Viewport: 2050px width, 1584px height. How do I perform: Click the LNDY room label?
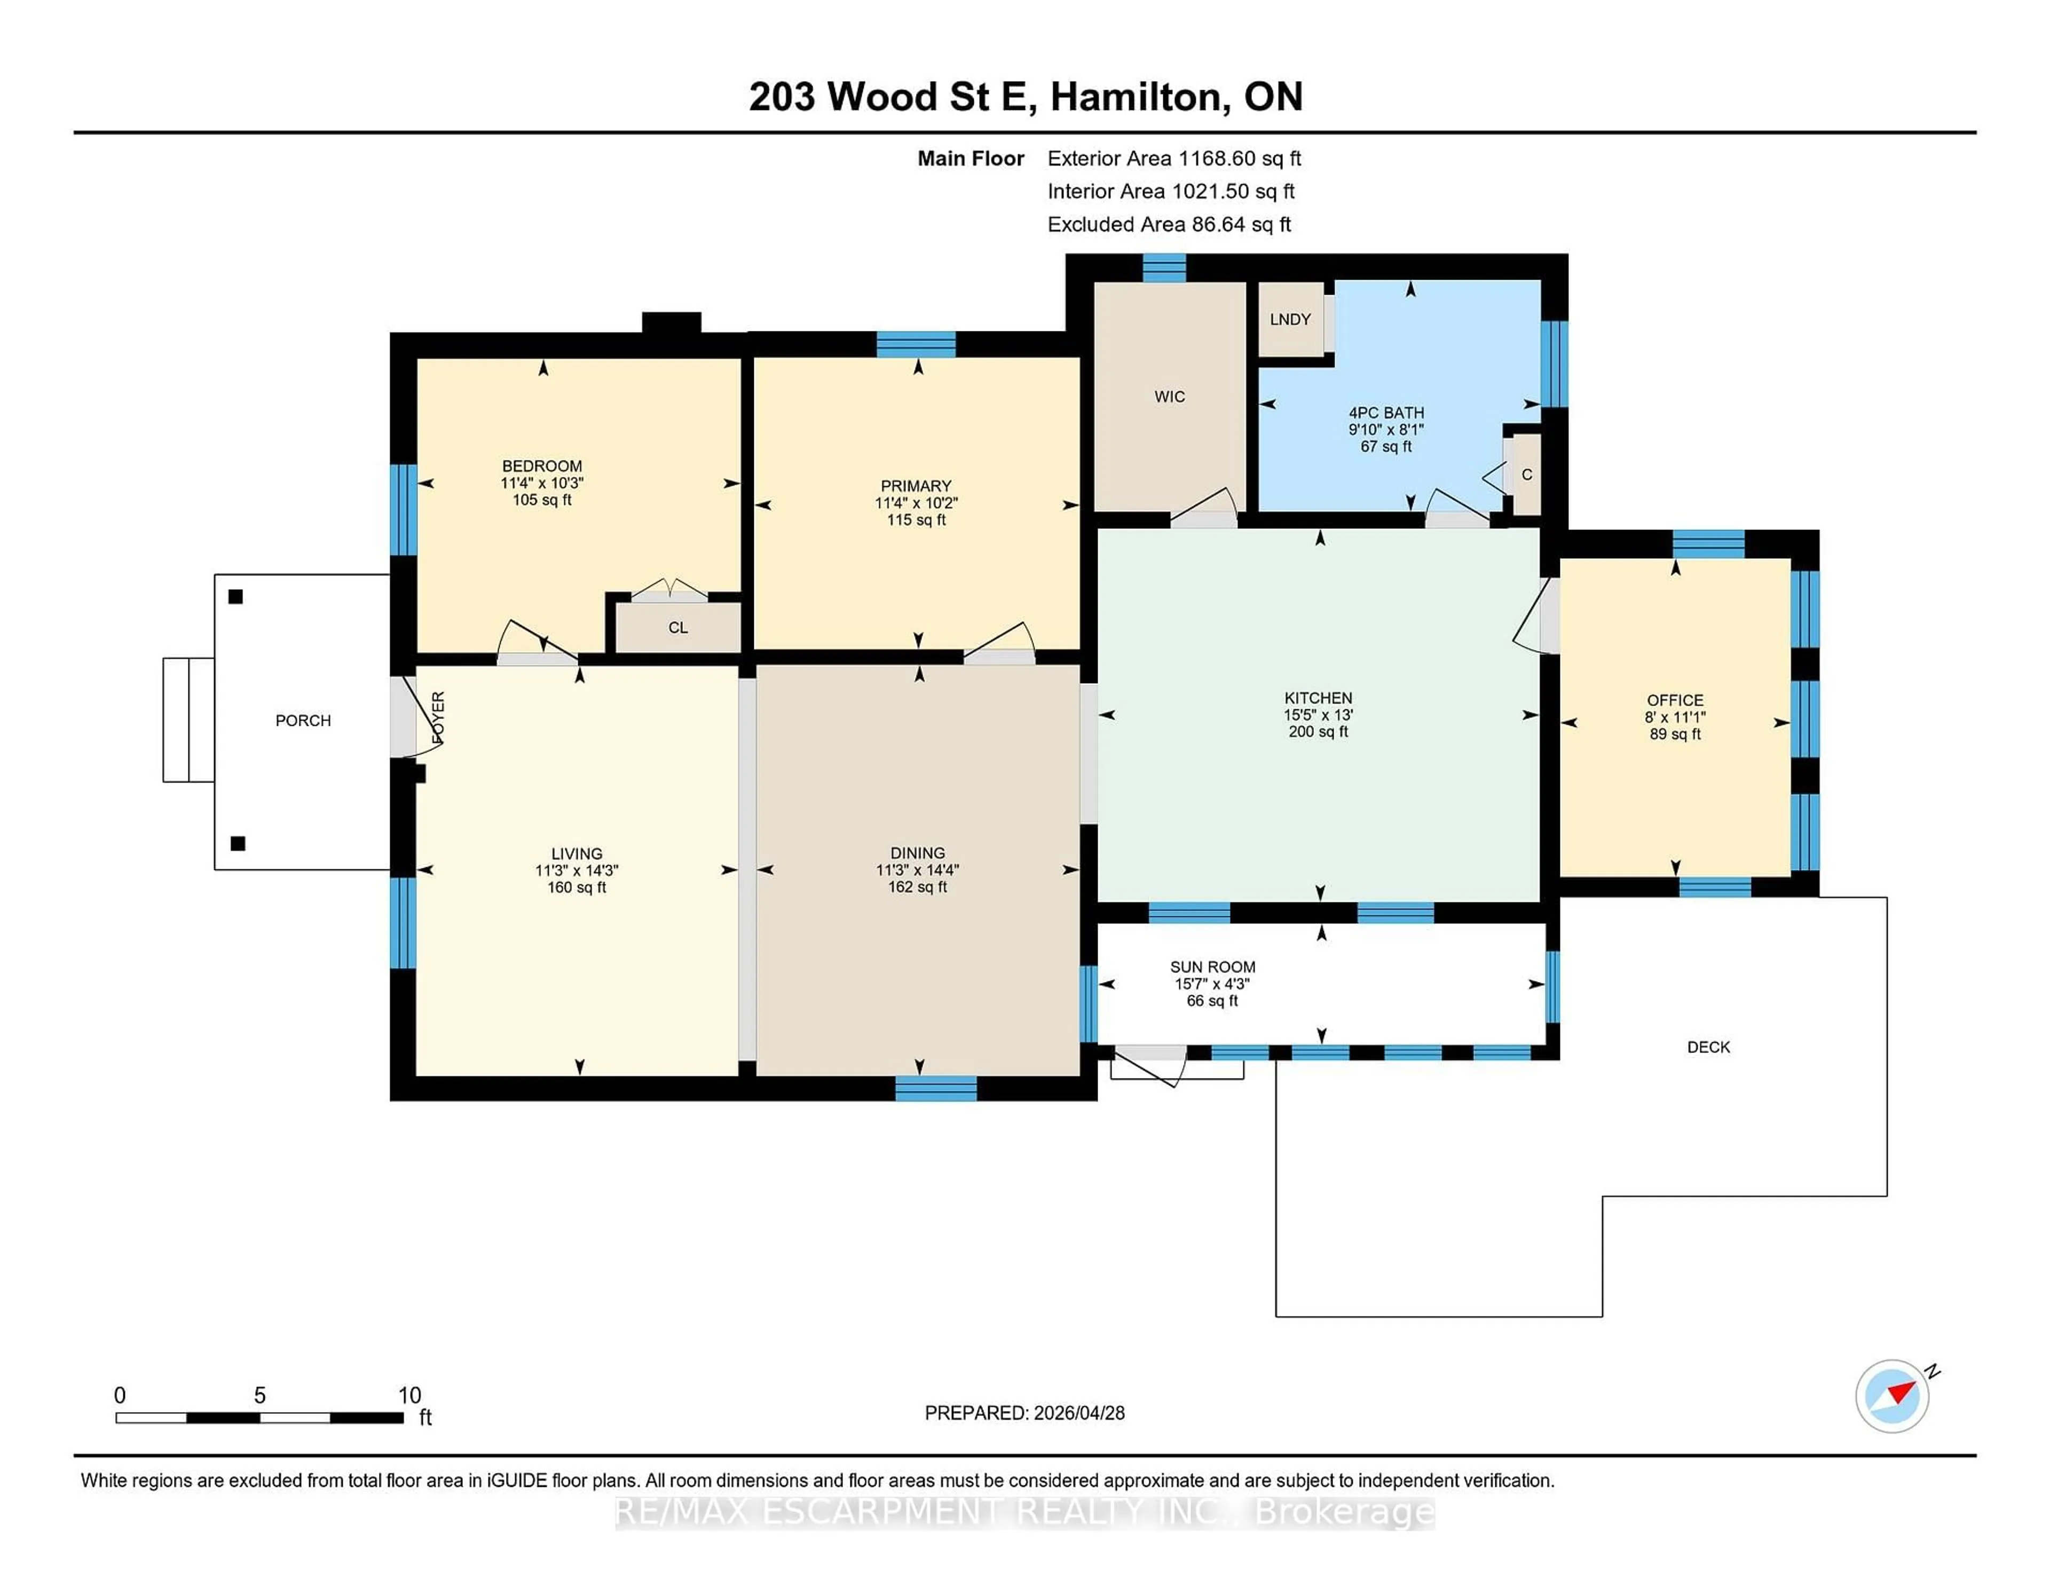(x=1290, y=319)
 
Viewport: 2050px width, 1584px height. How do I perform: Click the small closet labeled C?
(x=1526, y=475)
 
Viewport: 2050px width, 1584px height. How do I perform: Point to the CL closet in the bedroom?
(x=677, y=628)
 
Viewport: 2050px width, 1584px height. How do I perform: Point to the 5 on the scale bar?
(x=260, y=1396)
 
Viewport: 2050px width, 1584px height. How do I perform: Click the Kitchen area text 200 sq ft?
(x=1318, y=732)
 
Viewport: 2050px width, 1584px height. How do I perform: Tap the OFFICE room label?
(x=1675, y=700)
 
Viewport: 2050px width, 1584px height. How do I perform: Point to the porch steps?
(x=188, y=720)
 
